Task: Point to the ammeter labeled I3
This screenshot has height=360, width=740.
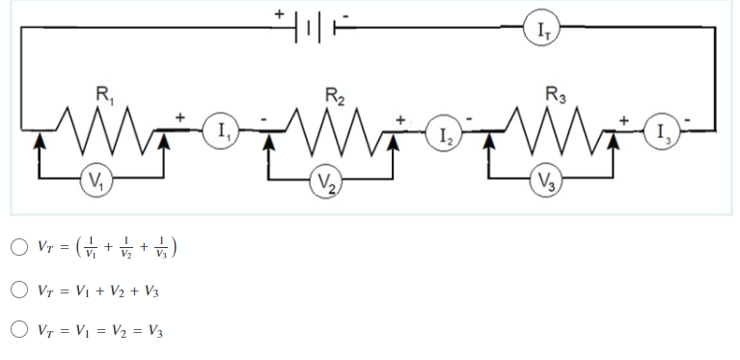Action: click(x=662, y=131)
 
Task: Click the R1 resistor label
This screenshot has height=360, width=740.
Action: click(x=101, y=95)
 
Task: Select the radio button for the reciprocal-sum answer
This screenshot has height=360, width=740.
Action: click(x=19, y=247)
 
